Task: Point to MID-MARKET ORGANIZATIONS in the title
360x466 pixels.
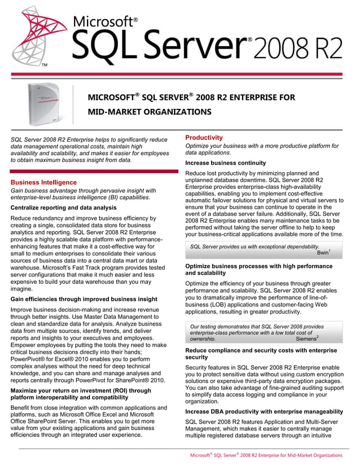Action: [x=149, y=112]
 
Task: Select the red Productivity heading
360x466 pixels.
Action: [x=204, y=138]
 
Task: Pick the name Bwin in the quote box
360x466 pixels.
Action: [x=323, y=253]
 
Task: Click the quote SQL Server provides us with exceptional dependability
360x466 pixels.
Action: [x=254, y=247]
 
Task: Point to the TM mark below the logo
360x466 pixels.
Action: [x=45, y=66]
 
